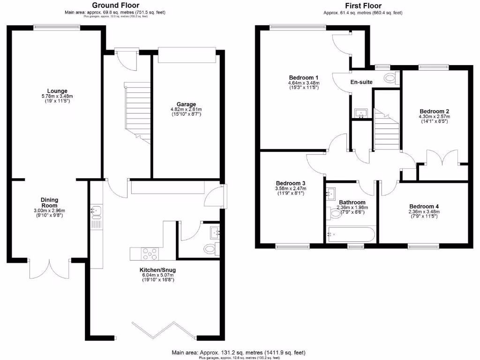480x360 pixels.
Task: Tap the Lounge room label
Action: coord(57,91)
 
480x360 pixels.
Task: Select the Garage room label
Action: coord(186,104)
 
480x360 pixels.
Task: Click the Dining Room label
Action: coord(49,202)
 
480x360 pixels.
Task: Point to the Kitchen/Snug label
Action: coord(157,270)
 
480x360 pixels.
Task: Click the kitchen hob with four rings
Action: coord(150,253)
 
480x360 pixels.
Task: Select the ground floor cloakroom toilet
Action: coord(210,248)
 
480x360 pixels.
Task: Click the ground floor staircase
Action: coord(137,112)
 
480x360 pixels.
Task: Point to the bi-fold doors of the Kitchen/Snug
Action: coord(164,330)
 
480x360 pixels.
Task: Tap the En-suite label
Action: coord(361,82)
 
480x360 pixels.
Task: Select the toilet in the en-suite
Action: coord(390,78)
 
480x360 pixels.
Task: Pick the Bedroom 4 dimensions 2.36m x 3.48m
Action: coord(424,212)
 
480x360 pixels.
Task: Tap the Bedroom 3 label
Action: coord(291,183)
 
